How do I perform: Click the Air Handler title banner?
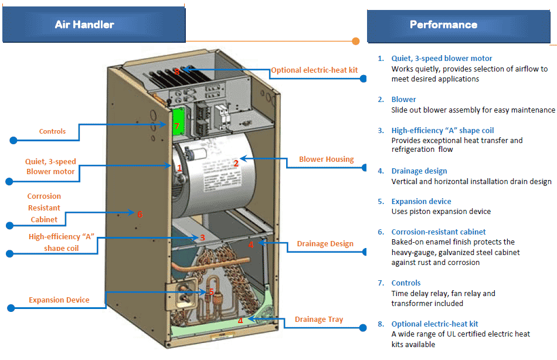click(x=94, y=25)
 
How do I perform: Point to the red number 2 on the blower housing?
click(x=236, y=163)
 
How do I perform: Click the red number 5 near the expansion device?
click(x=211, y=291)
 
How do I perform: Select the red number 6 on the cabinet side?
click(x=140, y=214)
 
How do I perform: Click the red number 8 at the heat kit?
click(x=176, y=71)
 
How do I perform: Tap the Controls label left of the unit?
click(x=52, y=131)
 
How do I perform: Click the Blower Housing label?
click(x=326, y=159)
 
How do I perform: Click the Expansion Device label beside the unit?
click(x=59, y=300)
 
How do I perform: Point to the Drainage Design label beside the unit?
click(x=325, y=244)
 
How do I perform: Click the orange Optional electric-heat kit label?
click(x=314, y=70)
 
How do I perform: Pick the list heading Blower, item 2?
click(x=404, y=100)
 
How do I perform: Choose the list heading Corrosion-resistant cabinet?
click(x=439, y=232)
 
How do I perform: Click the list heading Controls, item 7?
click(x=406, y=283)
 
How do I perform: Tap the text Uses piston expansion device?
click(x=441, y=212)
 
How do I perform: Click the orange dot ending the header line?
click(x=356, y=41)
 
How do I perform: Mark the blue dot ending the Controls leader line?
click(x=13, y=140)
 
